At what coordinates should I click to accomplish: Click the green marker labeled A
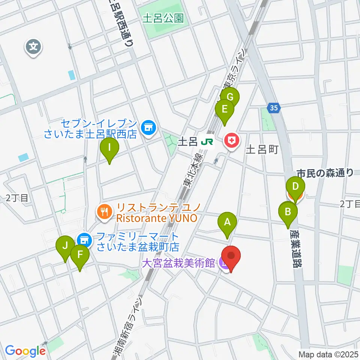pos(227,222)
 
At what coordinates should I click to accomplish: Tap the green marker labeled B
pos(288,212)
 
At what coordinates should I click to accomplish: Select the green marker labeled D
pos(295,186)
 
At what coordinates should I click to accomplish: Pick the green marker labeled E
pos(225,109)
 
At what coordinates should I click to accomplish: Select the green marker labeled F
pos(80,255)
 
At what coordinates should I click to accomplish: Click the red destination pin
pos(231,256)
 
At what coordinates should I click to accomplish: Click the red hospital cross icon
pos(230,141)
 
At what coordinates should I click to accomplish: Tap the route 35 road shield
pos(274,108)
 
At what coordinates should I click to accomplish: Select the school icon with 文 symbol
pos(34,47)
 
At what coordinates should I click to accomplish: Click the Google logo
pos(25,351)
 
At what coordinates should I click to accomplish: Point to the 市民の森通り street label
pos(325,173)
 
